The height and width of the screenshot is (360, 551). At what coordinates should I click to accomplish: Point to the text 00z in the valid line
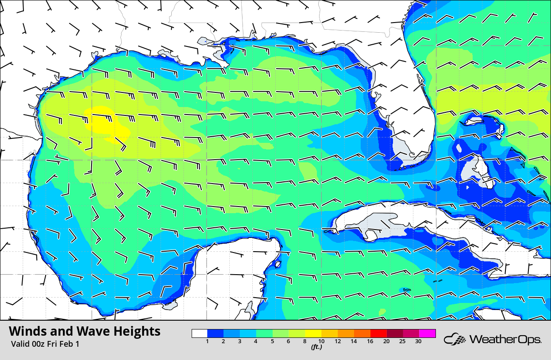click(x=39, y=344)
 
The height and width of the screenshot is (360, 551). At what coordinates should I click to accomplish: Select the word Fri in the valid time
click(x=55, y=344)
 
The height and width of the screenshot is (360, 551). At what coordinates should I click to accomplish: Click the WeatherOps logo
click(x=493, y=340)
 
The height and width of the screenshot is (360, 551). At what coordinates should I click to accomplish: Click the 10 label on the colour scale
click(x=321, y=341)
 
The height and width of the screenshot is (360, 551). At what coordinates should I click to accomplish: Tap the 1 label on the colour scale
click(x=208, y=341)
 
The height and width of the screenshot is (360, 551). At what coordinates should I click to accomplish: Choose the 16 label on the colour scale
click(x=370, y=341)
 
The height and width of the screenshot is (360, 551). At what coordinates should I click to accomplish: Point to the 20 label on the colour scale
click(x=386, y=341)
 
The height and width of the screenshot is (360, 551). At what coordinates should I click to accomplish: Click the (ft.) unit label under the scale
click(x=316, y=347)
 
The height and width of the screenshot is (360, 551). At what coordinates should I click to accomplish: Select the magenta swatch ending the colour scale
click(x=428, y=333)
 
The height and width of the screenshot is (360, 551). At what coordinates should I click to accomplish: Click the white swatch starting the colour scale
click(x=199, y=333)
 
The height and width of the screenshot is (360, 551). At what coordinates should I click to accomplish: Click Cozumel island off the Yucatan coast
click(x=278, y=265)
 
